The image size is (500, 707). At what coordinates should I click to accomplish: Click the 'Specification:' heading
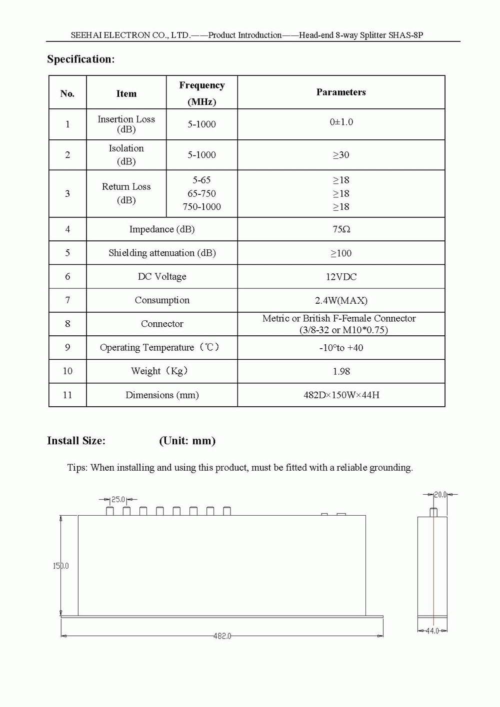pyautogui.click(x=80, y=59)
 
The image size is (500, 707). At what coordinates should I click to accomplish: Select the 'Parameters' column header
pyautogui.click(x=341, y=92)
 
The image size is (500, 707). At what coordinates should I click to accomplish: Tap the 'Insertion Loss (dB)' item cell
pyautogui.click(x=126, y=124)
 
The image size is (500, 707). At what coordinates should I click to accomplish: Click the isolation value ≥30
pyautogui.click(x=341, y=155)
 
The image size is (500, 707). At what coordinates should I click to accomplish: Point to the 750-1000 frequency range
pyautogui.click(x=201, y=207)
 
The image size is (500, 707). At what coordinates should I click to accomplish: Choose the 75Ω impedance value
pyautogui.click(x=341, y=229)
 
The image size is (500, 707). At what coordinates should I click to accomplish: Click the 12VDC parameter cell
pyautogui.click(x=341, y=277)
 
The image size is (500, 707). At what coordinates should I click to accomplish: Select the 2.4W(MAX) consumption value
pyautogui.click(x=341, y=300)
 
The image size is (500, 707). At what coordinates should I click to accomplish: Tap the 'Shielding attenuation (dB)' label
pyautogui.click(x=162, y=253)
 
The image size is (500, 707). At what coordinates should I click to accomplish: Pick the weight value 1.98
pyautogui.click(x=341, y=371)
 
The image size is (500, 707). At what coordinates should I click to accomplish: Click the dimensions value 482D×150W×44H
pyautogui.click(x=341, y=395)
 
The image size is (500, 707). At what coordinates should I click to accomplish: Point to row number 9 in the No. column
pyautogui.click(x=67, y=347)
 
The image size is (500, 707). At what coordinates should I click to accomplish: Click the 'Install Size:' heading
pyautogui.click(x=76, y=441)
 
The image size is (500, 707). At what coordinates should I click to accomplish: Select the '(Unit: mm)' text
pyautogui.click(x=187, y=441)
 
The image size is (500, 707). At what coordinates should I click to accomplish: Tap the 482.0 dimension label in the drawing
pyautogui.click(x=222, y=636)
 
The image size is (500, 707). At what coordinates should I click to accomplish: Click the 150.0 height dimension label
pyautogui.click(x=61, y=566)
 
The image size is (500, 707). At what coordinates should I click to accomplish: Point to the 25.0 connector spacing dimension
pyautogui.click(x=118, y=499)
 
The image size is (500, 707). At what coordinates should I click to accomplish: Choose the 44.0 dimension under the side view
pyautogui.click(x=432, y=631)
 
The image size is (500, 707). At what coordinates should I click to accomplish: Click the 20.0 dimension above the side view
pyautogui.click(x=440, y=495)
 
